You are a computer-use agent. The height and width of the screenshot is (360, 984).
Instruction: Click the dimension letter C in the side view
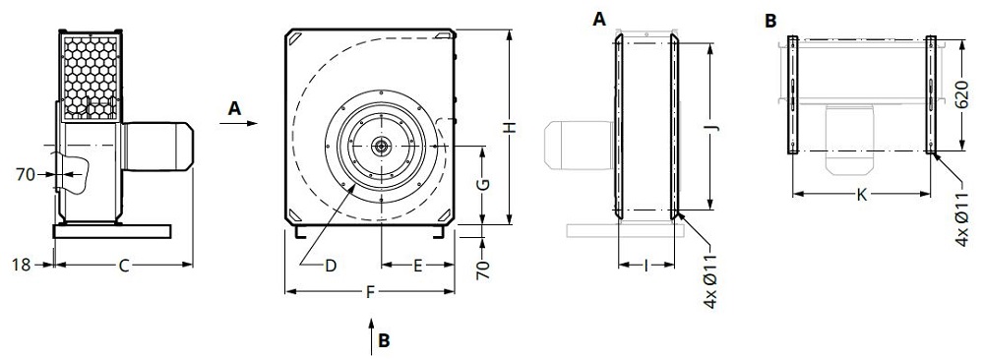(x=122, y=265)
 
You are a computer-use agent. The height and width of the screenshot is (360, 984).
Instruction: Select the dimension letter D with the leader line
(x=332, y=265)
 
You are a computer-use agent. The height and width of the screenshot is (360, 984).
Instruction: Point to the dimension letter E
(x=417, y=265)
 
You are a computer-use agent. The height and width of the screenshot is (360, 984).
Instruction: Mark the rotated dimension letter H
(x=509, y=127)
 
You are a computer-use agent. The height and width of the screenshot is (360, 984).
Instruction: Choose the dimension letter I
(x=645, y=265)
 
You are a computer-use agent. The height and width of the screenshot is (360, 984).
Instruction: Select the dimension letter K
(x=861, y=195)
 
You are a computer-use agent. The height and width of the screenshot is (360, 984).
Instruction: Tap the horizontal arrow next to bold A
(x=248, y=124)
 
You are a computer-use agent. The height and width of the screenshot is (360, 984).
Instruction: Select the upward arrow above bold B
(x=370, y=330)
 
